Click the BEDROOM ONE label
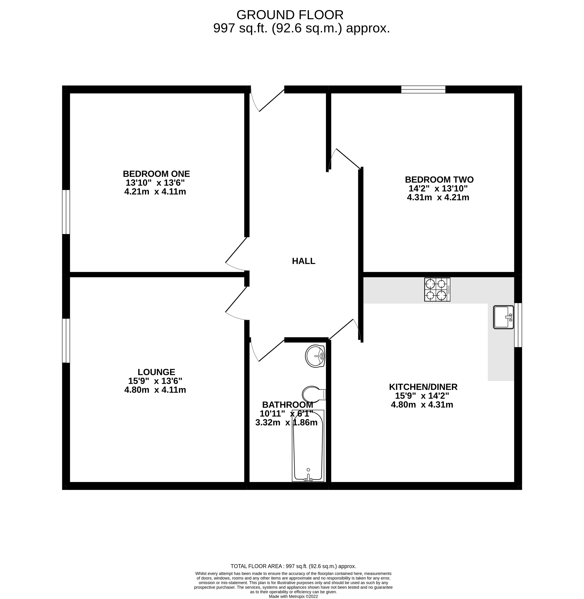click(x=156, y=174)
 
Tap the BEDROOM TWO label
click(x=439, y=179)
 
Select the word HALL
click(x=303, y=261)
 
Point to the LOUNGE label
click(x=156, y=372)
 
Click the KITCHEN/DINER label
click(x=423, y=387)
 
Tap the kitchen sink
click(x=503, y=317)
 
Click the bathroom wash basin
click(x=315, y=356)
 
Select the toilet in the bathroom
click(x=313, y=394)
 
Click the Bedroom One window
click(x=66, y=212)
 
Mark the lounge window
click(x=66, y=341)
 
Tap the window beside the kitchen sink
click(x=518, y=325)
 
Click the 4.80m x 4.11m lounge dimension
click(x=155, y=390)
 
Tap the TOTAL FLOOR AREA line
click(x=293, y=566)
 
